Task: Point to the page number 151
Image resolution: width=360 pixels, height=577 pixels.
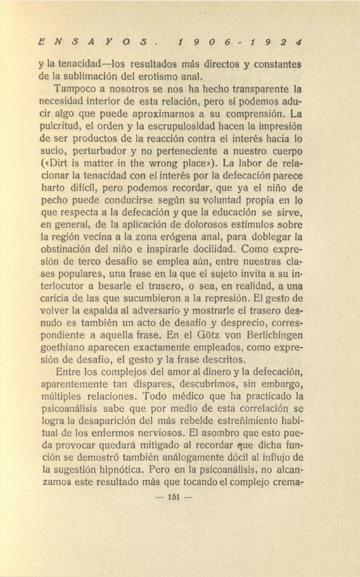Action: click(x=173, y=497)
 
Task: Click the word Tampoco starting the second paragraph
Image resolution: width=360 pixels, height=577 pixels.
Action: click(x=75, y=89)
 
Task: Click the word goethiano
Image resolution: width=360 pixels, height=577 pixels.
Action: click(x=62, y=347)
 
